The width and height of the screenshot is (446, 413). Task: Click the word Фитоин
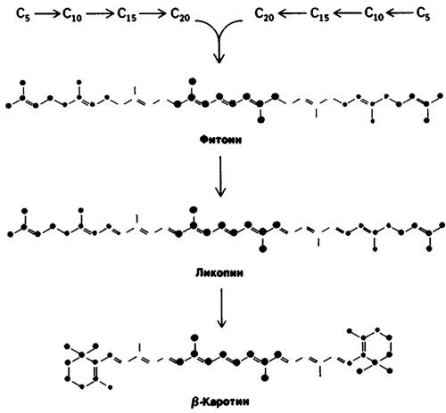pyautogui.click(x=220, y=140)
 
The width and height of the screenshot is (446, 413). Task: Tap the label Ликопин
pyautogui.click(x=219, y=272)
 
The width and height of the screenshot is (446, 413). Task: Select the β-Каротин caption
pyautogui.click(x=219, y=401)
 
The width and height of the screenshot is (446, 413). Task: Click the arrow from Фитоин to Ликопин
pyautogui.click(x=220, y=176)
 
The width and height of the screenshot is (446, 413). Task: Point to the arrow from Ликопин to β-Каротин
pyautogui.click(x=221, y=308)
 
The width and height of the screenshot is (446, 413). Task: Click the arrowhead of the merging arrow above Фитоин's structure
pyautogui.click(x=219, y=58)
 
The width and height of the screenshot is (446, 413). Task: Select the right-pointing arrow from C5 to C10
pyautogui.click(x=47, y=13)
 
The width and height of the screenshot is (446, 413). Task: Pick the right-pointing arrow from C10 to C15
pyautogui.click(x=100, y=13)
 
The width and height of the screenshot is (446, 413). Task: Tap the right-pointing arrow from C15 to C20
pyautogui.click(x=153, y=13)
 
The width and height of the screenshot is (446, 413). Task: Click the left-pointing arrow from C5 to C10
pyautogui.click(x=401, y=12)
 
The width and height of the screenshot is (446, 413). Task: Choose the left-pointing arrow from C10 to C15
pyautogui.click(x=347, y=13)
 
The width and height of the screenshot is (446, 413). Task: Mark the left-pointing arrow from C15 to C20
pyautogui.click(x=292, y=13)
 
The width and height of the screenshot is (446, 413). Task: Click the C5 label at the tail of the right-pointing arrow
pyautogui.click(x=23, y=14)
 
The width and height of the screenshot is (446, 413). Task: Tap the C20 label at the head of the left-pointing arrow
pyautogui.click(x=264, y=14)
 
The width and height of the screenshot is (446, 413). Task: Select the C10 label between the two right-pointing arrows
pyautogui.click(x=72, y=14)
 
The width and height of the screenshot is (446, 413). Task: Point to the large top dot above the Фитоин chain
pyautogui.click(x=192, y=80)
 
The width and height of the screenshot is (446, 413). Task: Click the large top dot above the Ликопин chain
pyautogui.click(x=194, y=209)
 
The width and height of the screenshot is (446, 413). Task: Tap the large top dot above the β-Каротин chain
pyautogui.click(x=194, y=337)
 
